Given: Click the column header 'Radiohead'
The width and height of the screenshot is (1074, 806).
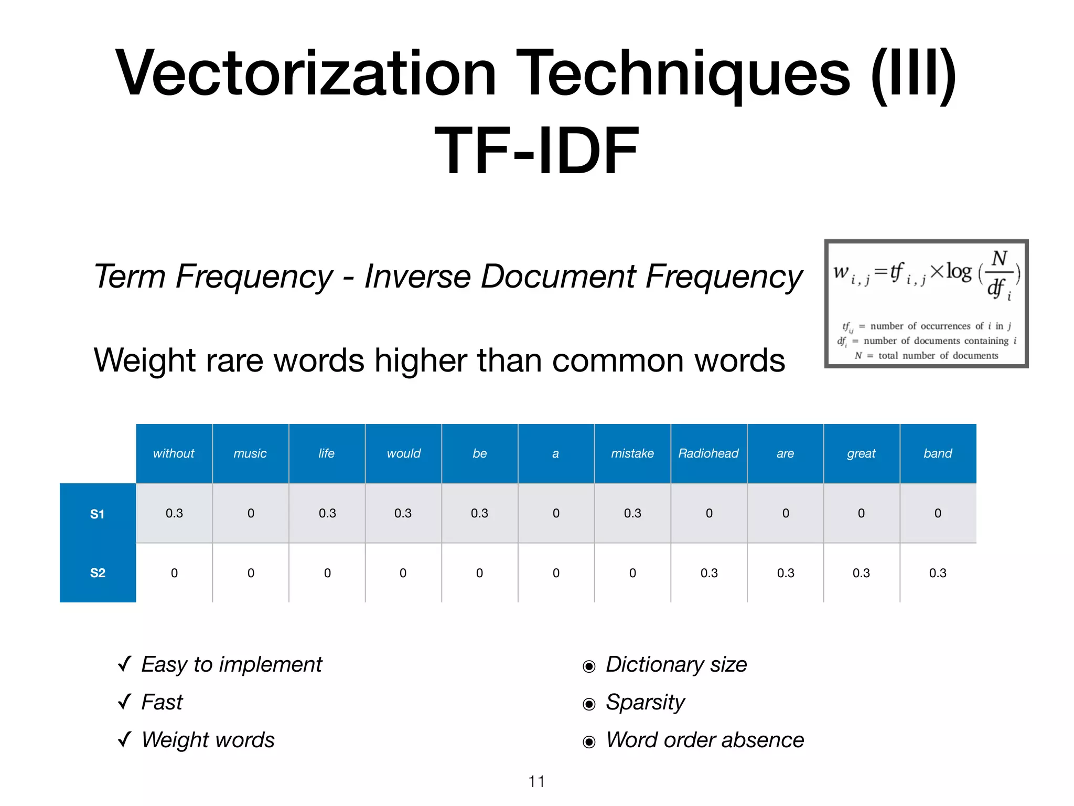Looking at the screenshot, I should pos(708,453).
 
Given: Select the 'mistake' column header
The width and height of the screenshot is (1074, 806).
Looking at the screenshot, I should pos(632,453).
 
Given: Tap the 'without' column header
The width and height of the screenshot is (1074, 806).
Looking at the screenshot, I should pos(174,453).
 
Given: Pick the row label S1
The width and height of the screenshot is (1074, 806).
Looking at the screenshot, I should pos(98,514).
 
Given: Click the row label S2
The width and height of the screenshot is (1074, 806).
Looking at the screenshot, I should pos(98,572).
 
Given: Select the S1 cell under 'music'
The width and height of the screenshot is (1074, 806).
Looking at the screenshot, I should pos(251,513).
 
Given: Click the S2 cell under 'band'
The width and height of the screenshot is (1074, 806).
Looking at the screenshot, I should pos(938,573).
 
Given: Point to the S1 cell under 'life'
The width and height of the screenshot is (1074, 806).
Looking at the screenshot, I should pos(327,513).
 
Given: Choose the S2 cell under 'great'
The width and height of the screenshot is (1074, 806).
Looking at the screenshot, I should pos(861,573).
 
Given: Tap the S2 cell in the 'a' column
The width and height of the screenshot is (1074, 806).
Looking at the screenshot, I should pos(556,573).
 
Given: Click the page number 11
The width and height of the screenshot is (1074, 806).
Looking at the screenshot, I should pos(536,781).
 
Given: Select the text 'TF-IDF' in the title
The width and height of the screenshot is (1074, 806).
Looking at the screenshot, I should pos(536,151).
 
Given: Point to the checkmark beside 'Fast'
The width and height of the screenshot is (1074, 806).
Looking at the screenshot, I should pos(125,701).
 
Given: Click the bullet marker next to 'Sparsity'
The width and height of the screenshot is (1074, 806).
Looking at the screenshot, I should pos(589,704).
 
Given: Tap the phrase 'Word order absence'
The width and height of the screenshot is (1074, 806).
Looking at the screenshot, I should pos(704,740).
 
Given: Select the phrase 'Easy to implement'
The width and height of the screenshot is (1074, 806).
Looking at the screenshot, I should pos(231,664).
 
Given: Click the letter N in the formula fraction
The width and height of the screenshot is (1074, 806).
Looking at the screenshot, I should pos(999,259).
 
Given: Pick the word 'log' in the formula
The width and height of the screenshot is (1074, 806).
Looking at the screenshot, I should pos(959,272).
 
